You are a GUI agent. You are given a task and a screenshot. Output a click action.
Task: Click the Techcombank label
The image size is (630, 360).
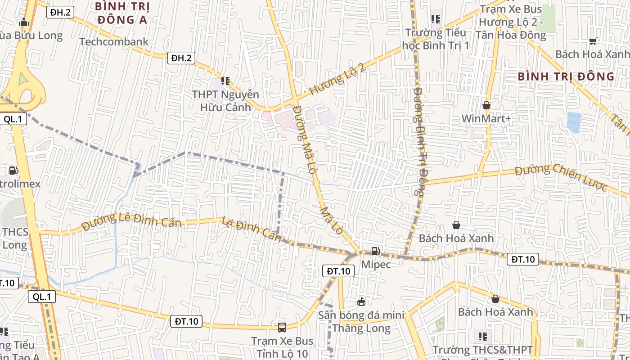coord(114,42)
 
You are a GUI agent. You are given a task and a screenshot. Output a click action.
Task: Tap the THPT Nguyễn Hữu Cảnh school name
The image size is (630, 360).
coord(225,101)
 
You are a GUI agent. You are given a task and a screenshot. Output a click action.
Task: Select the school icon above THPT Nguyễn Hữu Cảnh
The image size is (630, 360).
coord(225,81)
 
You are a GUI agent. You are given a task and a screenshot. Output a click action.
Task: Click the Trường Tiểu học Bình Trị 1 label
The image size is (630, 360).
coord(436,39)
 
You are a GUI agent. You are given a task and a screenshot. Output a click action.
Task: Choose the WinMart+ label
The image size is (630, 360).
coord(486,119)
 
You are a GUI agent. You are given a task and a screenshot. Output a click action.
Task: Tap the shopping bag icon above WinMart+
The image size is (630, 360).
coord(486,106)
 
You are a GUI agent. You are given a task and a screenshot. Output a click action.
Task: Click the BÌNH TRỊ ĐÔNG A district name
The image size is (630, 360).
coord(122,13)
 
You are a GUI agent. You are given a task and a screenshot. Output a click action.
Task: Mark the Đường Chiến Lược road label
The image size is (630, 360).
coord(561,177)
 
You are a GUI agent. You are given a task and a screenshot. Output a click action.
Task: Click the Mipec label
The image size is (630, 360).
coord(376,264)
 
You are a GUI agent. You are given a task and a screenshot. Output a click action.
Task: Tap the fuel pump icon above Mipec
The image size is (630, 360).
coord(376,252)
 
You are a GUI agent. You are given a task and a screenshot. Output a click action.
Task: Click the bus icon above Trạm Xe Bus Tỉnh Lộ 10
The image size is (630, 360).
coord(282,328)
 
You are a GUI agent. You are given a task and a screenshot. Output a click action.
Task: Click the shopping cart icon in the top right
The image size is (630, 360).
coord(593,41)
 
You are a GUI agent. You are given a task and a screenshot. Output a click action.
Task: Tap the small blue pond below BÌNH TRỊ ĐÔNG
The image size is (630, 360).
coord(574,122)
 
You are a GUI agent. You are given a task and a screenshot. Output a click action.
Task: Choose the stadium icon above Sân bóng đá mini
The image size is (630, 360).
coord(361,301)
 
